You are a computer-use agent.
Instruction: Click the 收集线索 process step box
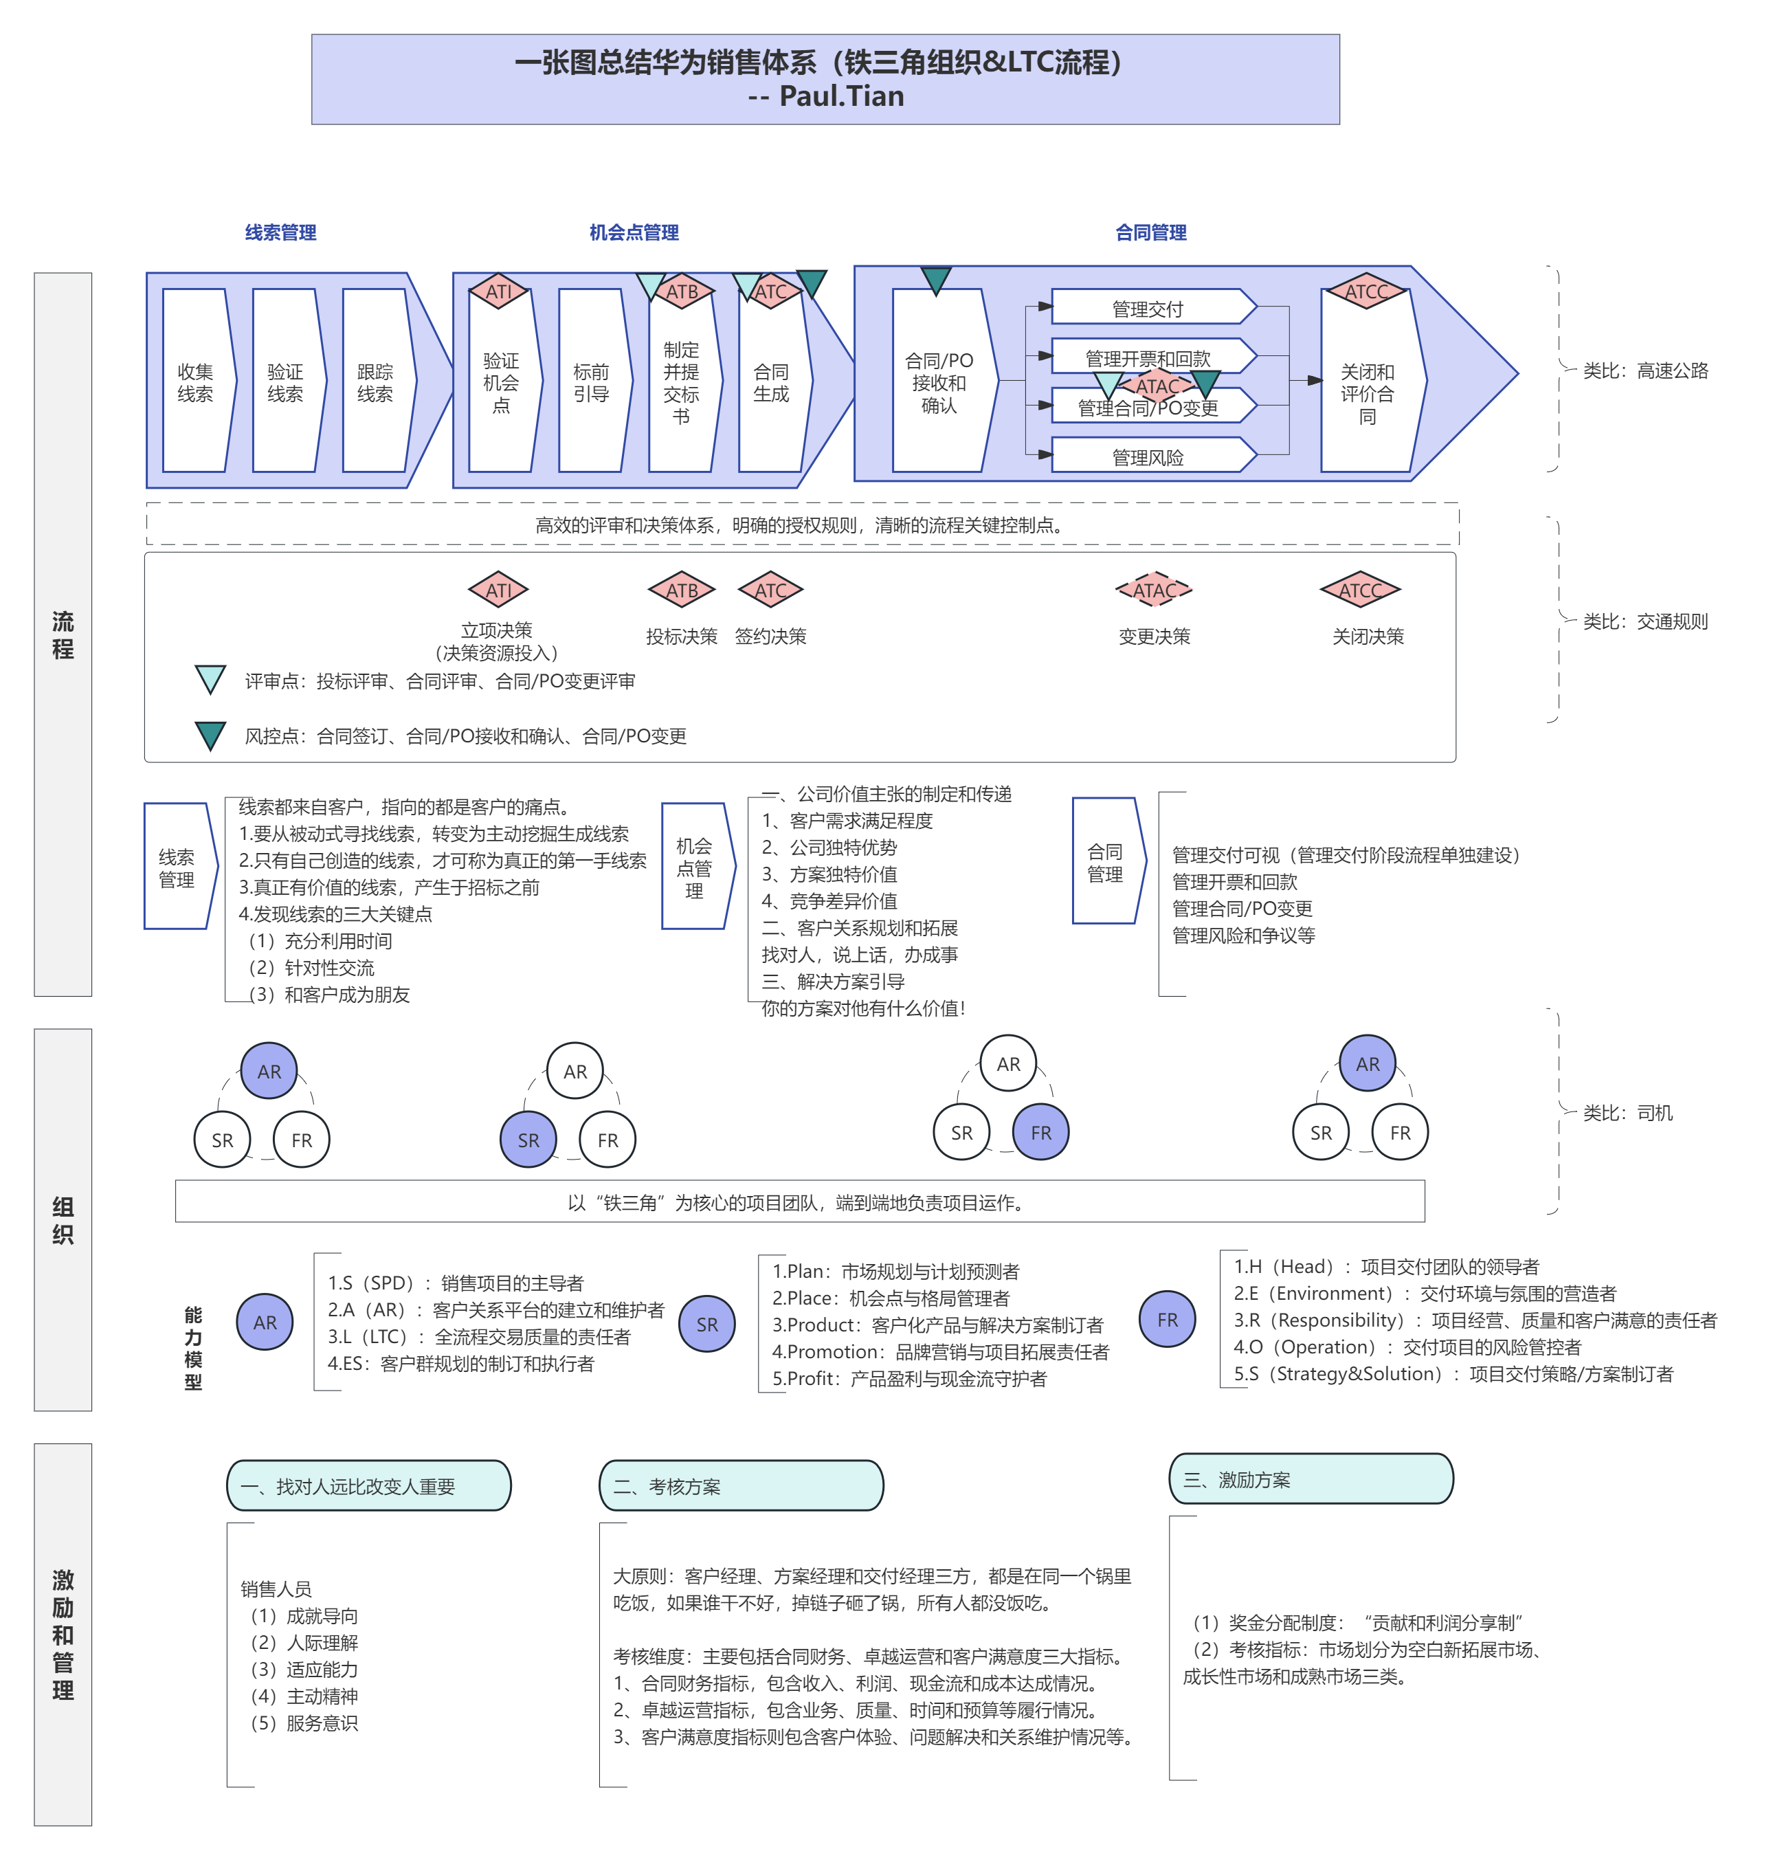click(196, 381)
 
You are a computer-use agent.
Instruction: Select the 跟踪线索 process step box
click(375, 381)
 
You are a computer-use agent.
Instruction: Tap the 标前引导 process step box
click(592, 381)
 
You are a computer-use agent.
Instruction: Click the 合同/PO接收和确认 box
click(939, 381)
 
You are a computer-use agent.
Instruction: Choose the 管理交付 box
click(1148, 308)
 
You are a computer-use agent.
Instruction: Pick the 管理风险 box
click(1148, 456)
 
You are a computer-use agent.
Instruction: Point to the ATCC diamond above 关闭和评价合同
click(1367, 291)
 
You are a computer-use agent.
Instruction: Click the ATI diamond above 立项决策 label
click(498, 590)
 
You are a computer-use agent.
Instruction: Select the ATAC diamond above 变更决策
click(1154, 590)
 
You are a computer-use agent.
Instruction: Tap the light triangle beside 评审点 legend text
click(210, 678)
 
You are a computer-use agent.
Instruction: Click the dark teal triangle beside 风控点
click(210, 734)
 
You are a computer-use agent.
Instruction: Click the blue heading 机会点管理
click(634, 232)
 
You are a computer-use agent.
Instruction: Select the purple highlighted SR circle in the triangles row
click(528, 1140)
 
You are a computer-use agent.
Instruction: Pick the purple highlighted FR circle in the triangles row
click(1040, 1132)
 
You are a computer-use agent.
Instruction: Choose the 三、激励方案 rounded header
click(1311, 1479)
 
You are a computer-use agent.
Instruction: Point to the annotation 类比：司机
click(1627, 1112)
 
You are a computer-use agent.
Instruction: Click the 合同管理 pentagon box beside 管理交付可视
click(1106, 862)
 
